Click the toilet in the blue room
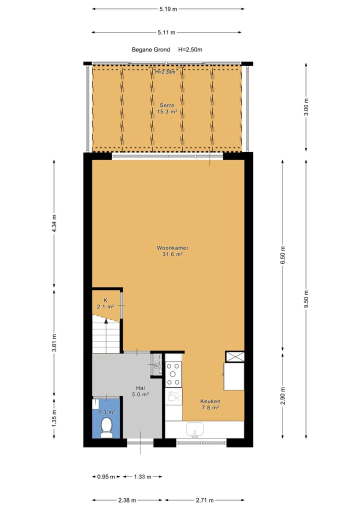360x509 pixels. [106, 427]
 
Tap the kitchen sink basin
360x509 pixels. [195, 429]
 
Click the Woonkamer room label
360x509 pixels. [172, 247]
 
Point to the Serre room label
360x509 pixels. [167, 105]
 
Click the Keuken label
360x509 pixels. [210, 401]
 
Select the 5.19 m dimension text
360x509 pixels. [168, 8]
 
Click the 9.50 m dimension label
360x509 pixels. [306, 299]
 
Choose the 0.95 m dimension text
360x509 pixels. [105, 476]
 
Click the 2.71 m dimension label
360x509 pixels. [205, 500]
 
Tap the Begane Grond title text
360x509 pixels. [150, 49]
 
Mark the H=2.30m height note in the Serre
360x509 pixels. [165, 72]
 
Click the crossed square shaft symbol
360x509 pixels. [235, 356]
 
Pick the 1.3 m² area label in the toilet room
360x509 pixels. [106, 412]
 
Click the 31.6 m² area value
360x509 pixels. [172, 254]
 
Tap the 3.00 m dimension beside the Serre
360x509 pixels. [306, 107]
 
